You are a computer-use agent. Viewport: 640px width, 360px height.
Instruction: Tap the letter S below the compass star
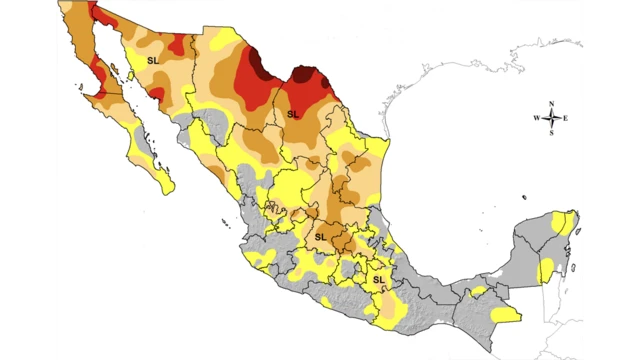coord(551,133)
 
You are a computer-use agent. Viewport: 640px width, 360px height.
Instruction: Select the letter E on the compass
coord(566,118)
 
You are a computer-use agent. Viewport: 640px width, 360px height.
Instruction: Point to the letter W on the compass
coord(536,118)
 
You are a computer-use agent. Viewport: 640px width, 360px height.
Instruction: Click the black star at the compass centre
coord(551,118)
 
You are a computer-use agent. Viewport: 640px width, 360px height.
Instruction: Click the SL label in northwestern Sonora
coord(152,61)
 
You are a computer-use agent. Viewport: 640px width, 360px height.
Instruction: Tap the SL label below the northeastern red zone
coord(293,114)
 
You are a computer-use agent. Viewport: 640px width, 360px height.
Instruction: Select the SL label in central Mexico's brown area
coord(321,235)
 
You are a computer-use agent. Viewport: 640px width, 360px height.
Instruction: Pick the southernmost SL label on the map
coord(379,280)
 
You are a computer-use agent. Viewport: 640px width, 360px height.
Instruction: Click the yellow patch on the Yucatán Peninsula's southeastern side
coord(546,270)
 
